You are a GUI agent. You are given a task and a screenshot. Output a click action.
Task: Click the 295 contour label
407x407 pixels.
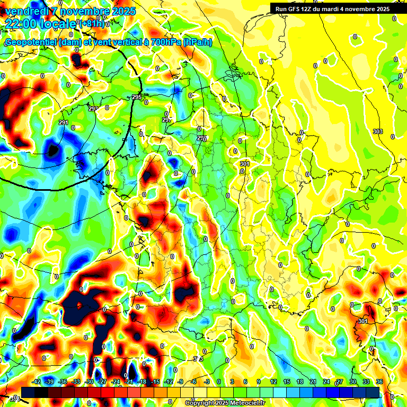click(137, 97)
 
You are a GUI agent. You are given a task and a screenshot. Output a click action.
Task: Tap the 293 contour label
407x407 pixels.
click(93, 108)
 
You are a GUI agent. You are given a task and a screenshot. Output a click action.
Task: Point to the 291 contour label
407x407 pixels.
click(64, 122)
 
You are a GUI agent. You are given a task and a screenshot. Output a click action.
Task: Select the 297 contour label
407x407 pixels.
click(166, 120)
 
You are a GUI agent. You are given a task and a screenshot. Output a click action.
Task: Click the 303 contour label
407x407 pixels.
click(377, 131)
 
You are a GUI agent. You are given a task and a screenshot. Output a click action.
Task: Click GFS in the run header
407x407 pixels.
click(294, 9)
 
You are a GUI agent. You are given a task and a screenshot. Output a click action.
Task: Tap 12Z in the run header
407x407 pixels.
click(308, 9)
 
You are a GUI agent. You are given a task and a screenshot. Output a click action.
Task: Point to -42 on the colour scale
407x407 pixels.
click(37, 382)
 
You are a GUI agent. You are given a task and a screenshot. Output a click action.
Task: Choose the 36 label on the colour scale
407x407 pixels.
click(379, 382)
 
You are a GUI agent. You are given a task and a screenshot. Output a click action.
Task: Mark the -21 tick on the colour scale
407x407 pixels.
click(129, 382)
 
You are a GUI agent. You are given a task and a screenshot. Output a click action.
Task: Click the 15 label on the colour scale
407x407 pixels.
click(286, 382)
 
